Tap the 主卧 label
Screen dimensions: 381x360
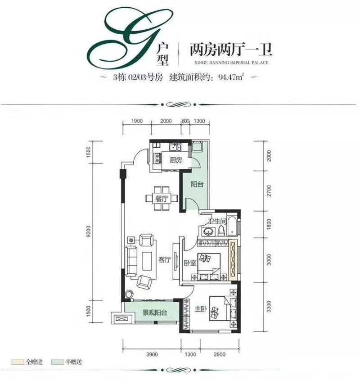[200, 309]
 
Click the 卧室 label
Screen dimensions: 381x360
[189, 263]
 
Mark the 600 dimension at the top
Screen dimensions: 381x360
[185, 120]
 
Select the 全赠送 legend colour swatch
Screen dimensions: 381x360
[18, 362]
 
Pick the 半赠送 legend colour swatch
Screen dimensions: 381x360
[57, 362]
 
